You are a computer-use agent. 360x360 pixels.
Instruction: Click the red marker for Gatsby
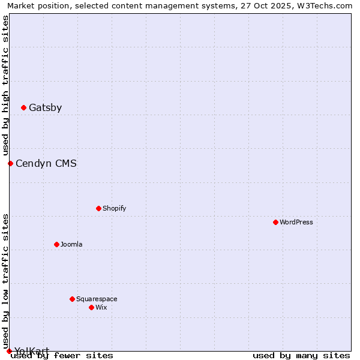click(x=23, y=108)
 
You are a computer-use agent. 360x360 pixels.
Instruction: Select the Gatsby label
click(x=45, y=108)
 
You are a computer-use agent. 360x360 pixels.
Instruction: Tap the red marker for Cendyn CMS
click(x=10, y=163)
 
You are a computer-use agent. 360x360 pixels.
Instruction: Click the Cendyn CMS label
click(x=46, y=163)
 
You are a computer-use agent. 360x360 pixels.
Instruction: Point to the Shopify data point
click(x=98, y=209)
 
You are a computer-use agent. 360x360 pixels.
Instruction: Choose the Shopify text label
click(x=114, y=209)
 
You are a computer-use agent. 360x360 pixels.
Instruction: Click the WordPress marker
click(x=275, y=222)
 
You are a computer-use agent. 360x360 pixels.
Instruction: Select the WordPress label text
click(x=296, y=222)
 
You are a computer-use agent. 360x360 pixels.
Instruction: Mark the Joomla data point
click(x=56, y=244)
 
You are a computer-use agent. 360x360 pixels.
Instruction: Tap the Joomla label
click(x=71, y=244)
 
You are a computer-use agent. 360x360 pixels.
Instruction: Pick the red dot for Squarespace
click(x=72, y=299)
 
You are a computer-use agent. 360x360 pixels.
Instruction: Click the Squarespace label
click(x=97, y=299)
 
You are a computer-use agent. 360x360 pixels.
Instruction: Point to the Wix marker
click(x=91, y=307)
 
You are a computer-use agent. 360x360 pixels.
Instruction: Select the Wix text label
click(x=101, y=307)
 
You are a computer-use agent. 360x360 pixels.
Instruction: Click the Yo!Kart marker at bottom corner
click(x=9, y=351)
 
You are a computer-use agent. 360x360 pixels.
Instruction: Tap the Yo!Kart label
click(x=32, y=351)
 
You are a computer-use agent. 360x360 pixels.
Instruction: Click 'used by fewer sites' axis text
click(x=62, y=356)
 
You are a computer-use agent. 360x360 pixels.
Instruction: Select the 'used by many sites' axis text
click(x=301, y=356)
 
